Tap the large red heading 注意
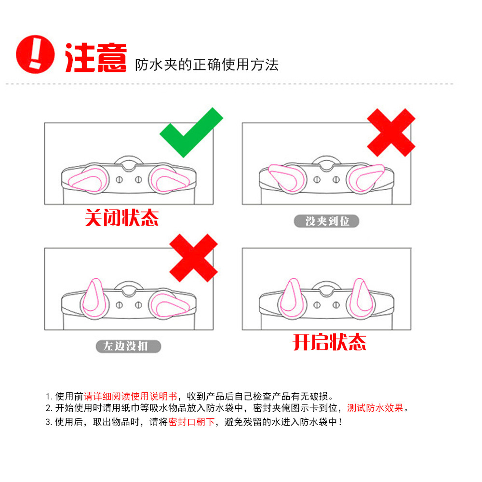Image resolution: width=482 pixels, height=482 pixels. (95, 58)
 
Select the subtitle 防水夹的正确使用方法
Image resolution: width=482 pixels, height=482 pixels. (207, 65)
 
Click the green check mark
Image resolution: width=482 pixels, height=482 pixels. (191, 133)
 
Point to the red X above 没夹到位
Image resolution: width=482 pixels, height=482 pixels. (391, 133)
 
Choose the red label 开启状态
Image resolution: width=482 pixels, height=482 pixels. (330, 342)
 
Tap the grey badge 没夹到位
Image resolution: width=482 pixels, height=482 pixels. (327, 221)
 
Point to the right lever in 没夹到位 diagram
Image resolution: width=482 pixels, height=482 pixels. (367, 176)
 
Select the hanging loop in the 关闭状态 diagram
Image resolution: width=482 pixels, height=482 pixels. (128, 162)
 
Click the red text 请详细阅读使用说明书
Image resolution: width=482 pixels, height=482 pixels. (131, 397)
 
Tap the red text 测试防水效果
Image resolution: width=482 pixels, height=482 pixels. (375, 408)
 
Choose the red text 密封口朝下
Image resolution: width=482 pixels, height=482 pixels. (191, 422)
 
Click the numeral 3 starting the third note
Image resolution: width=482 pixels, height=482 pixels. (48, 423)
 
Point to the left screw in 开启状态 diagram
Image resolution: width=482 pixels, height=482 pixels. (317, 305)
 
